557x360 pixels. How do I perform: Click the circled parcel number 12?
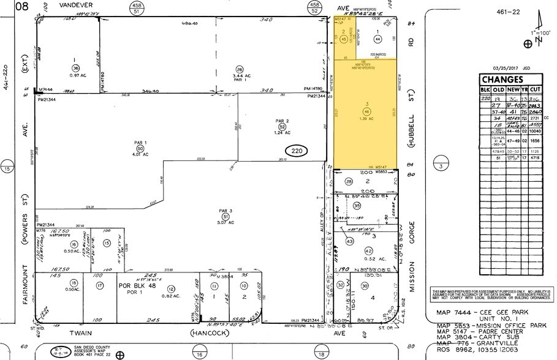(171, 289)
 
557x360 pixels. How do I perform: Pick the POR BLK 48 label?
(134, 286)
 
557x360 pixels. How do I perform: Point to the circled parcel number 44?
(377, 39)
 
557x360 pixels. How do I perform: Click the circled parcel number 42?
(368, 250)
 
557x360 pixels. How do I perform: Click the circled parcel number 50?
(139, 149)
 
